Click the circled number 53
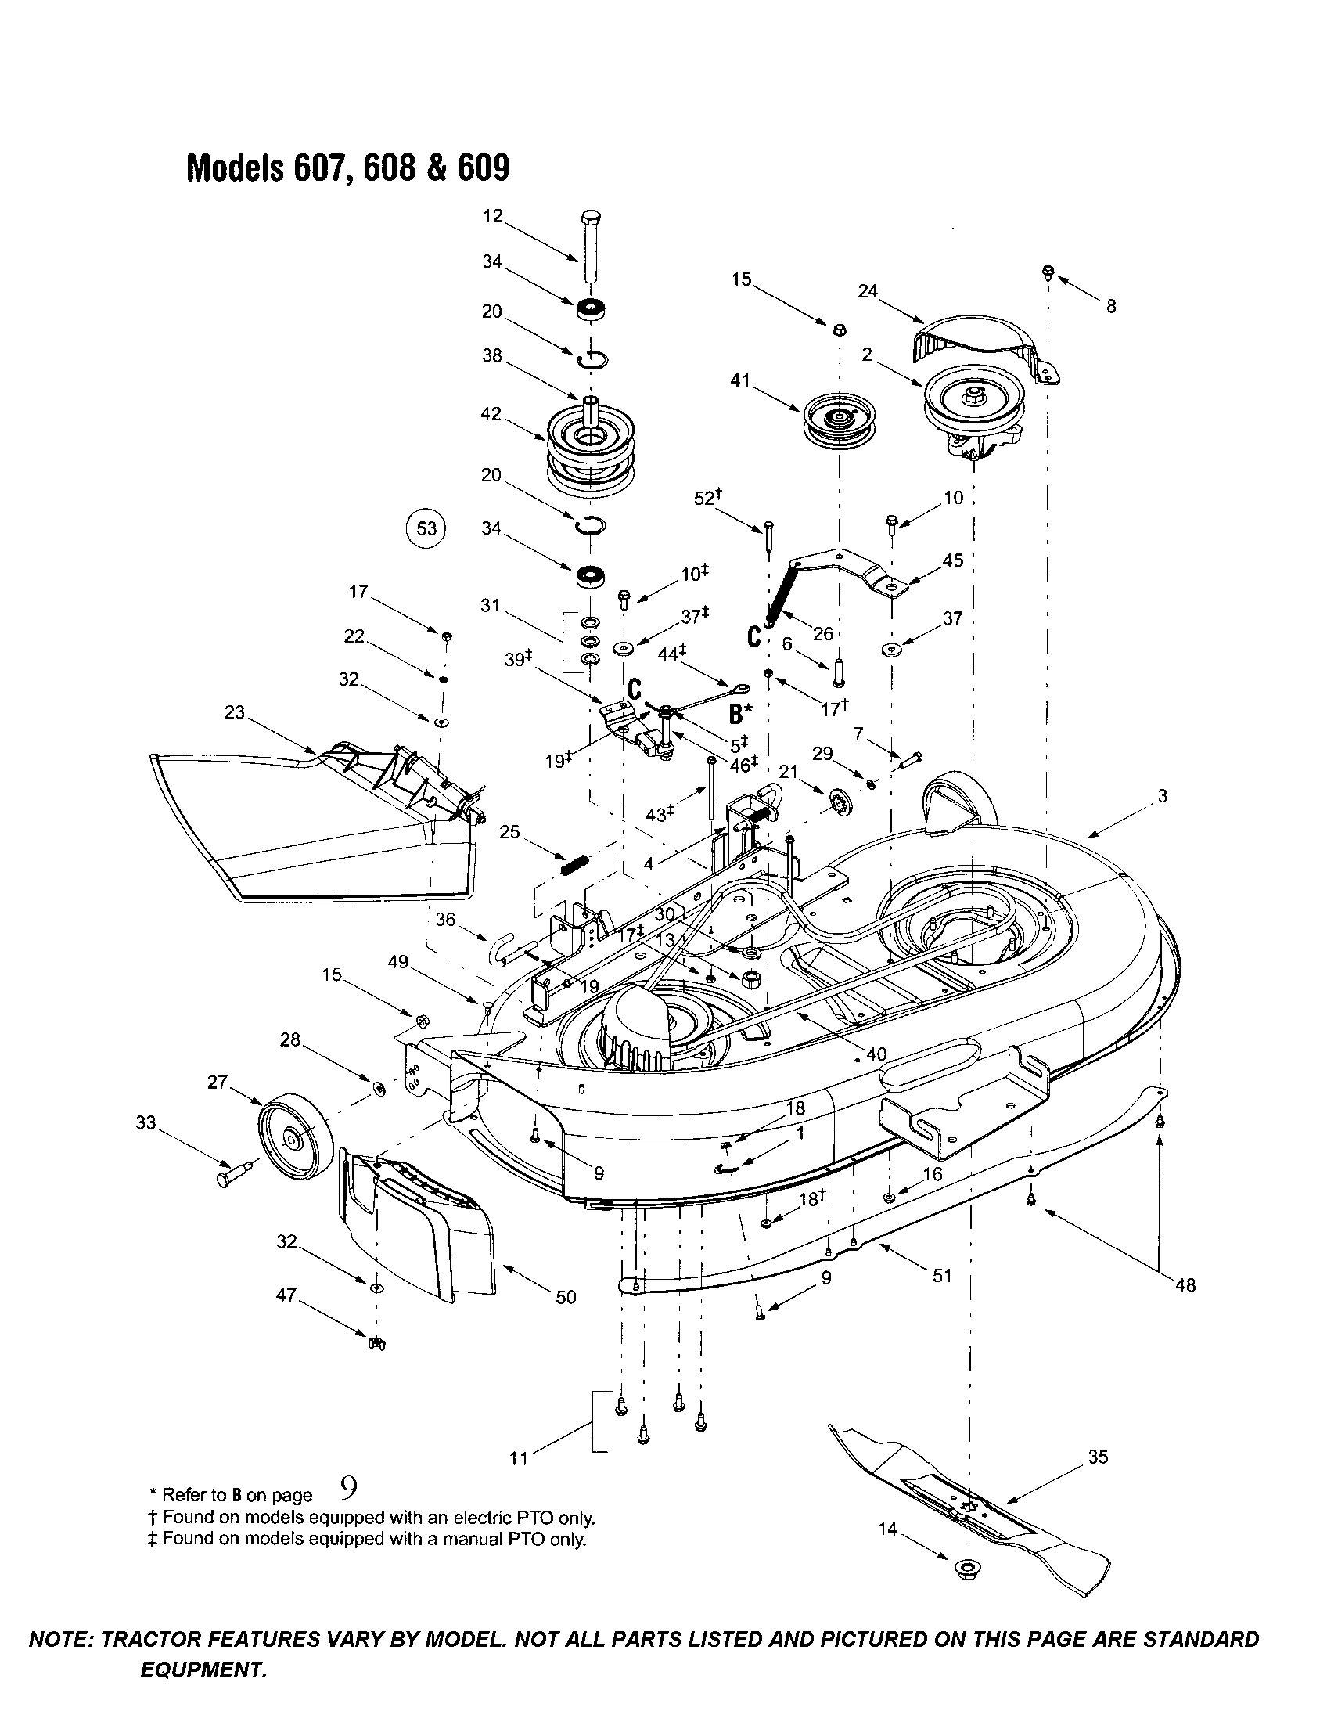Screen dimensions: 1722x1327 (426, 528)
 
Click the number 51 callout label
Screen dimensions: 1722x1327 (943, 1275)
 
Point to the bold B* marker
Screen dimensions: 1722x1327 (739, 715)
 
